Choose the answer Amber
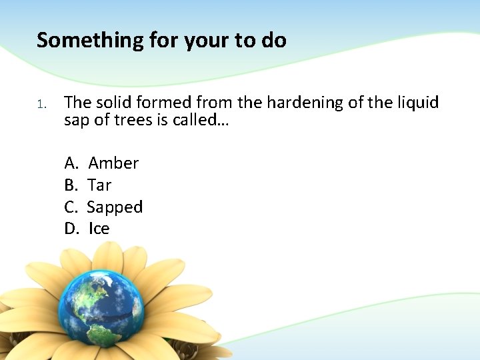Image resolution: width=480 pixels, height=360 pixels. [113, 163]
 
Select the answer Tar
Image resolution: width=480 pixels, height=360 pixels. [99, 185]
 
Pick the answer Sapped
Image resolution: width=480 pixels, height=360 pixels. [115, 207]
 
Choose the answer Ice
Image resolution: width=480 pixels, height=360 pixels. [99, 229]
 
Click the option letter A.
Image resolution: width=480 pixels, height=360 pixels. [71, 163]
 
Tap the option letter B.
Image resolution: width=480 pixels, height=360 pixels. [70, 185]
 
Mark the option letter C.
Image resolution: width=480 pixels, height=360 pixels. [70, 207]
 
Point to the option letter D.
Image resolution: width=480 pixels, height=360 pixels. [71, 229]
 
